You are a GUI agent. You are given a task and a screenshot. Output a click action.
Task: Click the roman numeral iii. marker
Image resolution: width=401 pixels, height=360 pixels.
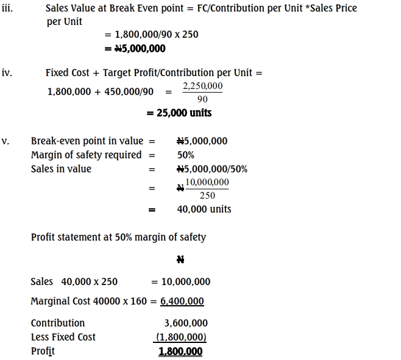coord(7,9)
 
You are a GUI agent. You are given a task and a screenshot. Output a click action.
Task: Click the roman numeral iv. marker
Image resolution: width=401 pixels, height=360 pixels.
coord(7,73)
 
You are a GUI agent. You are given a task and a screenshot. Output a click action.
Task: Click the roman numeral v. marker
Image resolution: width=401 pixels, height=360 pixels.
coord(5,141)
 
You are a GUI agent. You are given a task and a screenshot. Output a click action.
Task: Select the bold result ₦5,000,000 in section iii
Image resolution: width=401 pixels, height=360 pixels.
coord(135,49)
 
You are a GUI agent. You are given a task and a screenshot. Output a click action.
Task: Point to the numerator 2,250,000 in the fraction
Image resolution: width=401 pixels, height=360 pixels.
coord(203,86)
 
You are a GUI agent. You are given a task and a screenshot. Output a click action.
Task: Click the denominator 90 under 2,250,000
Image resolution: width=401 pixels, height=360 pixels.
coord(203,99)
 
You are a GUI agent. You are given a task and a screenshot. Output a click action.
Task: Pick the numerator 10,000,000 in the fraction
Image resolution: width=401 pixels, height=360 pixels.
coord(207,183)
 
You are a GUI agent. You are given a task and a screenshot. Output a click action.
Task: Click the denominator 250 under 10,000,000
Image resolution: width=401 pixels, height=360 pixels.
coord(207,195)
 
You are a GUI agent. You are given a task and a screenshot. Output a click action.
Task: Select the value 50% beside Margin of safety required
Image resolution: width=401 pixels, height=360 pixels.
coord(186,155)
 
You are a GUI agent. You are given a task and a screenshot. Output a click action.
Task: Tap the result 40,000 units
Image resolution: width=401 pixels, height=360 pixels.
coord(204,209)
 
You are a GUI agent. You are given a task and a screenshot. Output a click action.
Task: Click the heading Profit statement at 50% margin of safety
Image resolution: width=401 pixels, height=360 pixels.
coord(118,237)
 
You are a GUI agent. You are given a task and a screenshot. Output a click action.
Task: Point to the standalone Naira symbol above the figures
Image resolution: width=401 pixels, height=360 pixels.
coord(180,259)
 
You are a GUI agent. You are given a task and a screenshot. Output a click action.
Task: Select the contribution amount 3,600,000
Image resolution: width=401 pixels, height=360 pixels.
coord(186,323)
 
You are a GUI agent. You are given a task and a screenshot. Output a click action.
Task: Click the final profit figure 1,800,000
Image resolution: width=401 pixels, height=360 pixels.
coord(180,351)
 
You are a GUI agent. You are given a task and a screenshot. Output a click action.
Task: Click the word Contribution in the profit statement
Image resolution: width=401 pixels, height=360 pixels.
coord(58,323)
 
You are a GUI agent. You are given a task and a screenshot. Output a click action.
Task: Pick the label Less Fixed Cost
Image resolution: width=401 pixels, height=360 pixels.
coord(63,337)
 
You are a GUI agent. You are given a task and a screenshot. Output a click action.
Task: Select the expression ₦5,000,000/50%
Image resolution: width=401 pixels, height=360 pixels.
coord(211,169)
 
